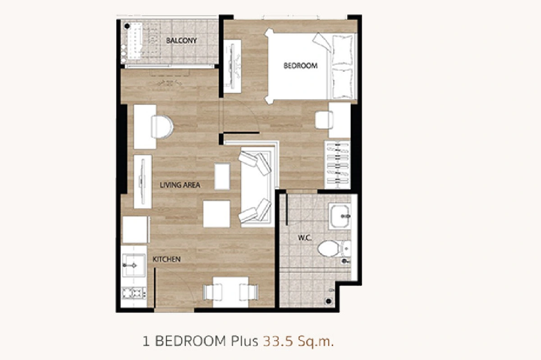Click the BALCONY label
(x=181, y=40)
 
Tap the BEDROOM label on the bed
(x=300, y=66)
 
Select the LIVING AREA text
(x=180, y=185)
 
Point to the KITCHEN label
(x=167, y=260)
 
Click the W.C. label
(x=305, y=238)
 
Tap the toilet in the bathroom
(x=334, y=248)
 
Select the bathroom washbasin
(x=340, y=216)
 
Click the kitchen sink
(x=133, y=265)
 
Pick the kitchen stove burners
(x=133, y=293)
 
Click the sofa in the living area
(x=257, y=187)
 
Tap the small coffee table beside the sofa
(x=222, y=176)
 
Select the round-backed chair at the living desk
(x=162, y=127)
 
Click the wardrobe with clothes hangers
(x=337, y=164)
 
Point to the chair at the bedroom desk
(x=324, y=120)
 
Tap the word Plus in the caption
(x=244, y=341)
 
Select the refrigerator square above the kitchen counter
(x=135, y=229)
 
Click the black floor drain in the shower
(x=329, y=301)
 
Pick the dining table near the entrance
(x=230, y=292)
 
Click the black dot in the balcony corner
(x=127, y=26)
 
